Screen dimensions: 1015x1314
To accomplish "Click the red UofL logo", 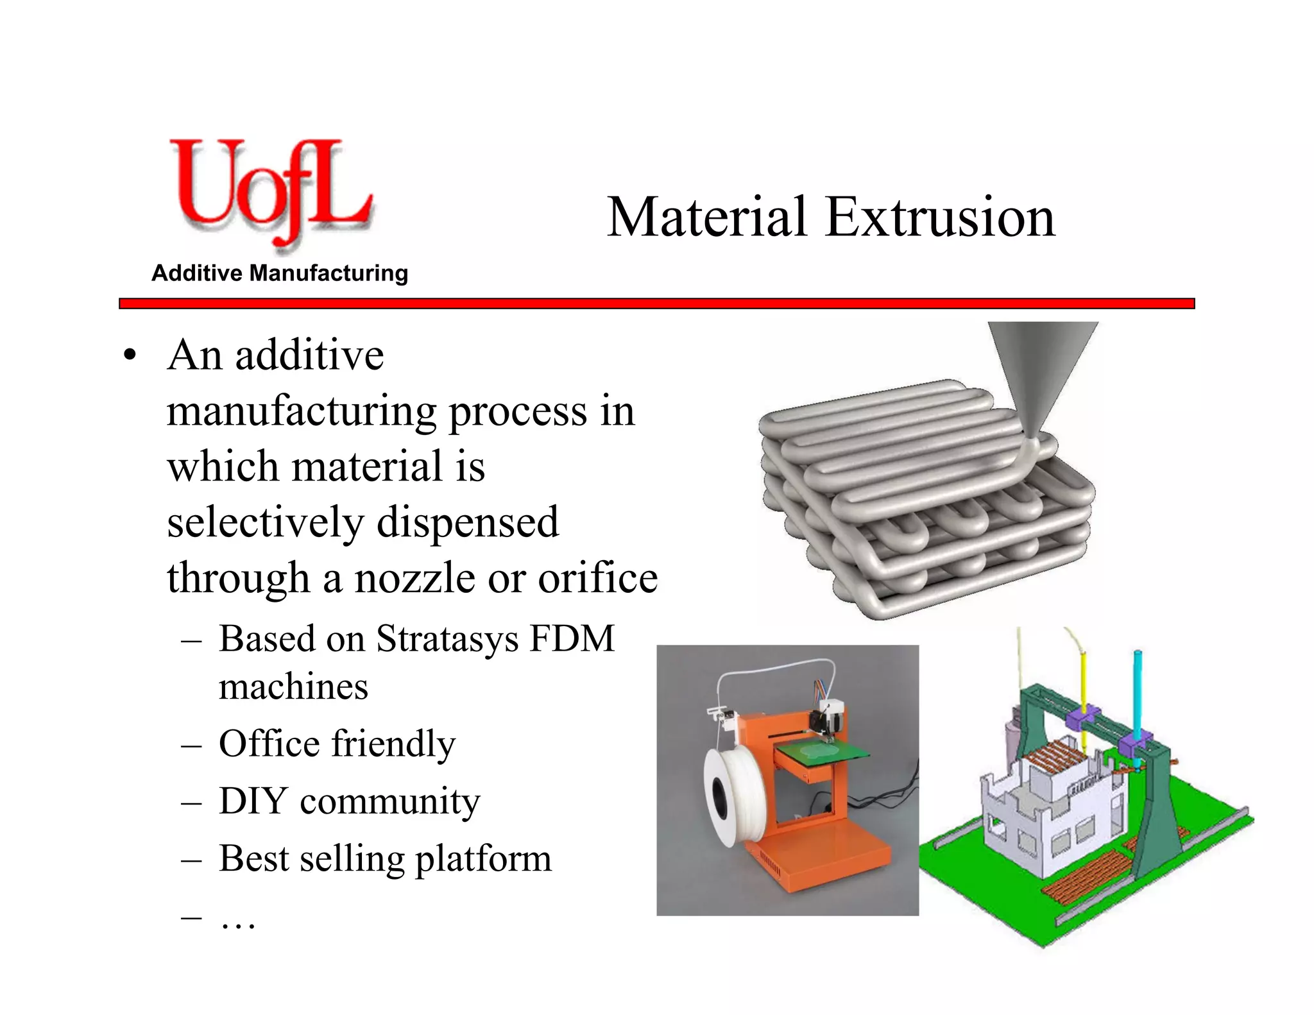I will click(269, 192).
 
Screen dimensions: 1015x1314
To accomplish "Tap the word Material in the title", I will click(706, 217).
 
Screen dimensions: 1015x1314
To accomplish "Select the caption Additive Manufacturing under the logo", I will click(280, 273).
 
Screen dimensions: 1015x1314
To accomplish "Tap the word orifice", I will click(597, 577).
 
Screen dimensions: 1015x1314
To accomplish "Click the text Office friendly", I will click(337, 744).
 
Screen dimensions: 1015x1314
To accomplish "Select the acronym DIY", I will click(253, 801).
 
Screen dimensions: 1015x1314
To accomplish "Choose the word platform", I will click(483, 859).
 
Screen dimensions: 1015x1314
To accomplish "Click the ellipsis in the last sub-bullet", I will click(238, 921).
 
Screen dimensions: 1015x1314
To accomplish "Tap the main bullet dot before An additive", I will click(130, 355).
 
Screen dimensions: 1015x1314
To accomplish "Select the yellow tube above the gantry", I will click(1083, 680).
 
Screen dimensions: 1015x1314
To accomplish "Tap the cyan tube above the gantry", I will click(1137, 693).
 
